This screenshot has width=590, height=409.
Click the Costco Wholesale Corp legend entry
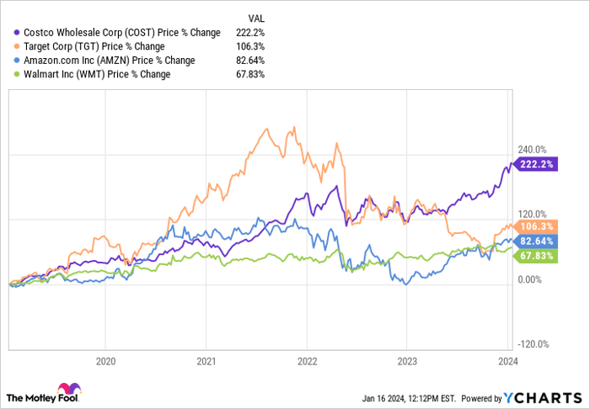point(117,33)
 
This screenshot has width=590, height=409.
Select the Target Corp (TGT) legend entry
point(103,46)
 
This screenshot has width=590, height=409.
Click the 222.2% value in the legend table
point(264,33)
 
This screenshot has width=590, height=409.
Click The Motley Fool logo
point(42,396)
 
